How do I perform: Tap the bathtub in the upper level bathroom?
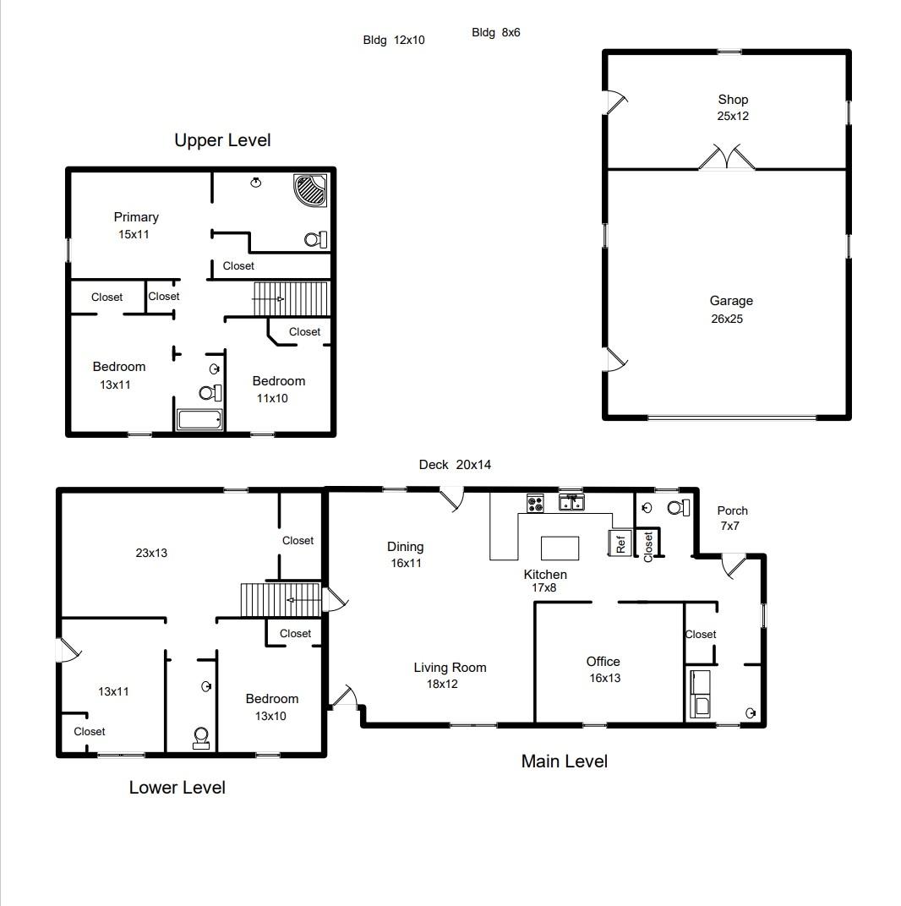199,419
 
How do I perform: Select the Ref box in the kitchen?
620,543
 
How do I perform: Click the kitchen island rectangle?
560,547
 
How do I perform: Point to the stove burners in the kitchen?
535,504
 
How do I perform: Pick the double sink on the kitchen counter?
572,504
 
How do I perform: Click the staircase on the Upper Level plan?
291,298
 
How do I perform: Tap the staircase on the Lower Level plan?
281,600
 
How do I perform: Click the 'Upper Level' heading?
222,140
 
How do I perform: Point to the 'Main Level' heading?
564,761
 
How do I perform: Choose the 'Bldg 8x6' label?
496,33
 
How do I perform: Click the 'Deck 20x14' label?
455,465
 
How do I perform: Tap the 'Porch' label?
732,510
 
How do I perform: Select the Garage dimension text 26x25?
727,319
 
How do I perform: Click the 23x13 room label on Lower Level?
151,553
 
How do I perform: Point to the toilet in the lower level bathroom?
201,738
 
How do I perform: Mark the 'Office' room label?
603,662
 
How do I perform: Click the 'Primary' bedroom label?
136,217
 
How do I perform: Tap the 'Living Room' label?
450,668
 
